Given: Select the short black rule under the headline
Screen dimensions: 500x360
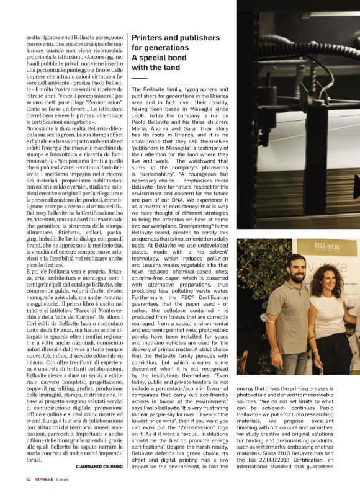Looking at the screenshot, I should tap(139, 79).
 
